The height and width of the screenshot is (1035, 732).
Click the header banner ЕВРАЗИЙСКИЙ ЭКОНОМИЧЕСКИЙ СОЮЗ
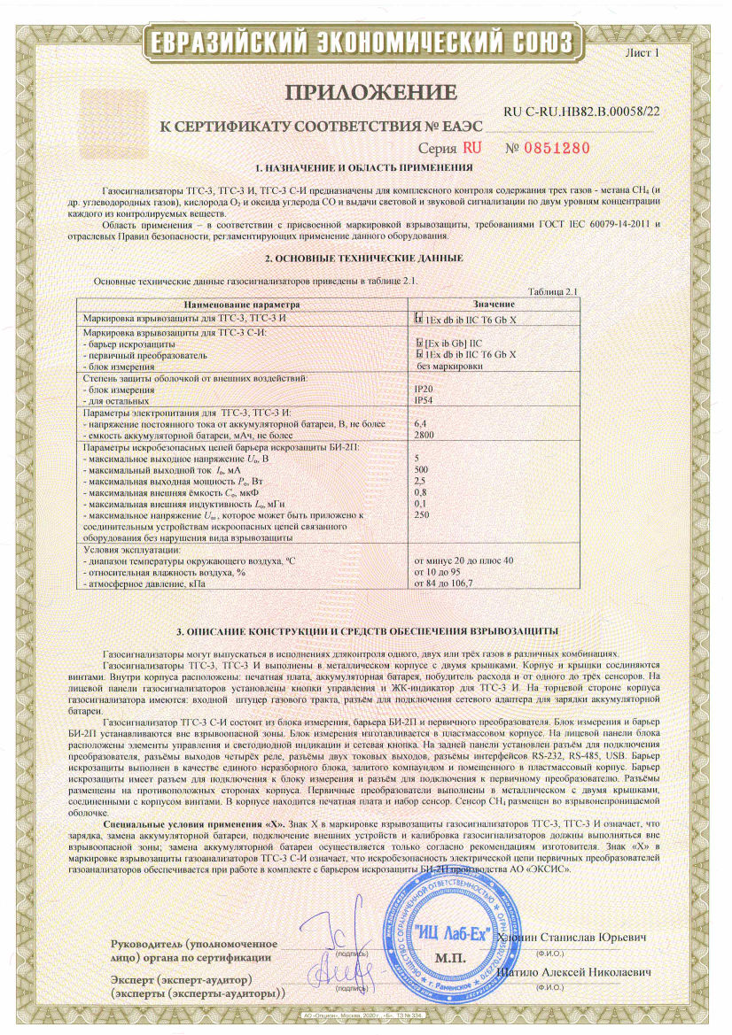coord(364,44)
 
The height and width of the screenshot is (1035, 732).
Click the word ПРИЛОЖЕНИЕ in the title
coord(371,92)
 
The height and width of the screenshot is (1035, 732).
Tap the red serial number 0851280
coord(549,148)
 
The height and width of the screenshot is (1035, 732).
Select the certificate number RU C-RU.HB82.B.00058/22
coord(581,112)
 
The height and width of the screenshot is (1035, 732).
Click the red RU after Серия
coord(472,148)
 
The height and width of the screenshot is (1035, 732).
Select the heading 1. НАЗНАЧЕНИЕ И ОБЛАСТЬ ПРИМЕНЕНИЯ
coord(363,167)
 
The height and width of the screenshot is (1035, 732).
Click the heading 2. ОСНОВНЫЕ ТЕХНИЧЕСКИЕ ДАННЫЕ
coord(363,259)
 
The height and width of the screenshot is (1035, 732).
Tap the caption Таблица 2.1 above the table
coord(552,291)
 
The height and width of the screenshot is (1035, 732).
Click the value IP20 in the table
coord(424,388)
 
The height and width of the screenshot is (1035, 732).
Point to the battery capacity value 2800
coord(425,435)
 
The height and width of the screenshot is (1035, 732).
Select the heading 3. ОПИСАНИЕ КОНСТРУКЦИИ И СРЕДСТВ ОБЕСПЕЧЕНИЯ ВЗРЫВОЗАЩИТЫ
coord(367,630)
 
